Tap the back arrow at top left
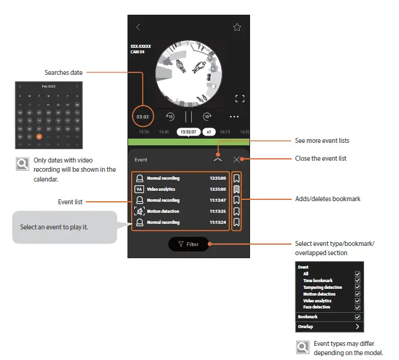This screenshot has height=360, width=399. (x=138, y=27)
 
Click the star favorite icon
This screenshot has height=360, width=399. (x=237, y=27)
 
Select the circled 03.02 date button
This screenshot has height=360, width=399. (x=142, y=116)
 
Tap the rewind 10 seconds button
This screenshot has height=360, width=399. (x=169, y=116)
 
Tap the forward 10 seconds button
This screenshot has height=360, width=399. (x=208, y=116)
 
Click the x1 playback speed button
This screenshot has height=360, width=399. (x=209, y=132)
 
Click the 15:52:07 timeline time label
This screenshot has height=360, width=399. (x=189, y=132)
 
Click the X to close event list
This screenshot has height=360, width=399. (x=237, y=159)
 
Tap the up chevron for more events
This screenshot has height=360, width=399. (x=218, y=159)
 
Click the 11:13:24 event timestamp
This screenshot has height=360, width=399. (x=218, y=223)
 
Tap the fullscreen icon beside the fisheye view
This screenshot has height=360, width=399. (x=240, y=98)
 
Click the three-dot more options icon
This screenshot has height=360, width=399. (x=235, y=116)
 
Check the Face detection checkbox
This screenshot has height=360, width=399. (x=357, y=307)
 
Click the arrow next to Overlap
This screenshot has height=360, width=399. (x=357, y=327)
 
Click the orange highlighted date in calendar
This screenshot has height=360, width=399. (x=39, y=137)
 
